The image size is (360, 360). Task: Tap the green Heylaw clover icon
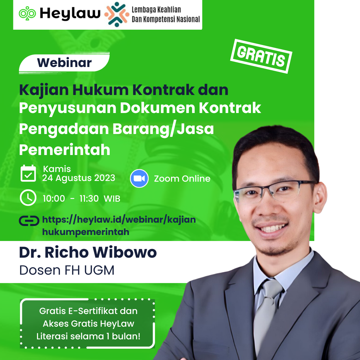[27, 14]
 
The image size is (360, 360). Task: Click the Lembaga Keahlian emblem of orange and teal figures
[117, 14]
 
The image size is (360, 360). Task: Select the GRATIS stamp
[261, 56]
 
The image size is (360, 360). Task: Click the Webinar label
[64, 62]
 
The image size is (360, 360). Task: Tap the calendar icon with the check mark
[28, 173]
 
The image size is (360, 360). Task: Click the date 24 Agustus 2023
[79, 178]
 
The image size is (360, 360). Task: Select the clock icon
[28, 198]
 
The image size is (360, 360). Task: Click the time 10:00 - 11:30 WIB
[81, 199]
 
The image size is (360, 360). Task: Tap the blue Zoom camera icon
[139, 178]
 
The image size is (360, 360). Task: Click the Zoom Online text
[182, 179]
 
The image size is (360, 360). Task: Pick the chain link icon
[29, 221]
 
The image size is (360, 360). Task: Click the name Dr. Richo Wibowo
[88, 252]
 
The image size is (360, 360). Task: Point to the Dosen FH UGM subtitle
[67, 270]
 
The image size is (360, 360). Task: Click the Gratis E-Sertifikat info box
[88, 324]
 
